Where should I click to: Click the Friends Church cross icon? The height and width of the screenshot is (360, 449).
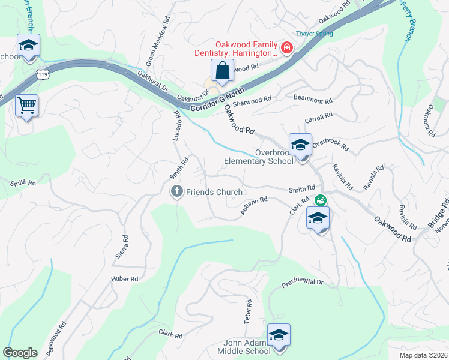click(176, 191)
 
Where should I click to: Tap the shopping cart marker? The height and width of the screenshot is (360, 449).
click(26, 106)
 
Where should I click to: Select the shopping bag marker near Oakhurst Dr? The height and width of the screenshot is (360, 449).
click(222, 70)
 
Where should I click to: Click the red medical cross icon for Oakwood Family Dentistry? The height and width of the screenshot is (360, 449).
click(286, 48)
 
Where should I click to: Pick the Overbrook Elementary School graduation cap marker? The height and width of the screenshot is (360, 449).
click(300, 144)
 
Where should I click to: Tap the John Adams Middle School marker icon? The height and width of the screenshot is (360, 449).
click(278, 335)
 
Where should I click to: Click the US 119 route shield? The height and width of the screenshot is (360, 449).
click(42, 74)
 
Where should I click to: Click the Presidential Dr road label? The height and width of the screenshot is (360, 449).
click(303, 281)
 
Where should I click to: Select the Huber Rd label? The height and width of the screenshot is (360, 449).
click(125, 279)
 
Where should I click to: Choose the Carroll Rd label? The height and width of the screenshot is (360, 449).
click(318, 116)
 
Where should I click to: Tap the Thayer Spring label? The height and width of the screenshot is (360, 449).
click(314, 34)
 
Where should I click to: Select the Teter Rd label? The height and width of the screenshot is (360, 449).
click(247, 309)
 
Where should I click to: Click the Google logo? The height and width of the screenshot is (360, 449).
click(20, 353)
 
